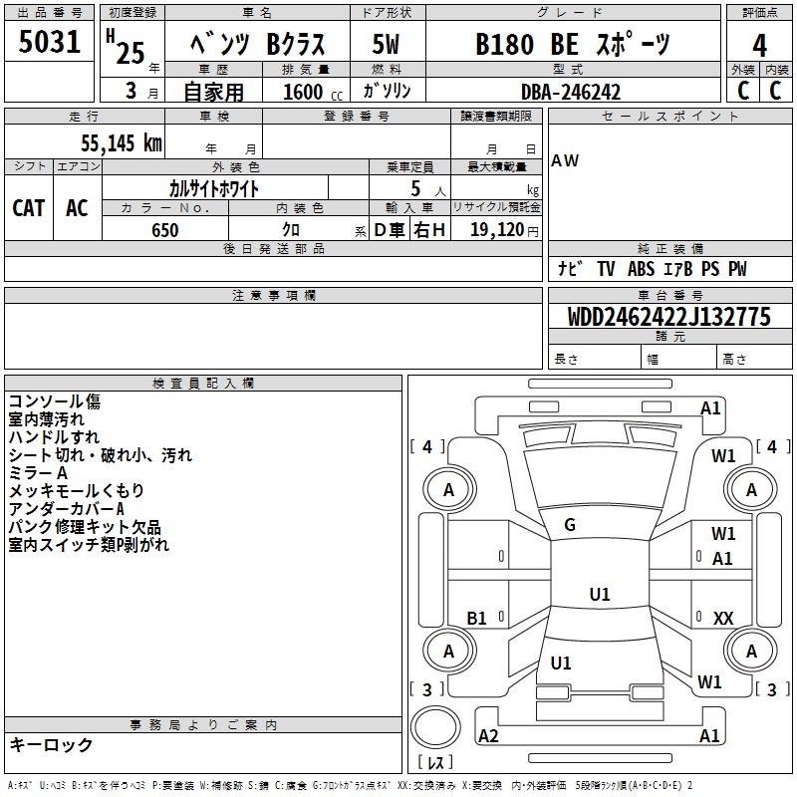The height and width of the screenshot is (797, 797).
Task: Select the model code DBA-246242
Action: pos(571,92)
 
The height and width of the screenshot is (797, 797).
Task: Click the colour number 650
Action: pos(165,230)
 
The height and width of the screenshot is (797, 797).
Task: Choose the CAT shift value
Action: pos(29,207)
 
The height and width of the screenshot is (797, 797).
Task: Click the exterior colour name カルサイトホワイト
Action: pos(214,188)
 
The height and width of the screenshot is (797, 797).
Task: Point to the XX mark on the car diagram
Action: pos(723,618)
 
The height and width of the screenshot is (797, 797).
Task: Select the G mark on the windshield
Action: pos(570,525)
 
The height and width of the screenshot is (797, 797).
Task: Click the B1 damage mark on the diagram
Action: pos(477,618)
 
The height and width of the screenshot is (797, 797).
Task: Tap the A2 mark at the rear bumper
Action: pos(488,735)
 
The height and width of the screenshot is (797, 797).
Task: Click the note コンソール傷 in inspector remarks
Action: pos(54,401)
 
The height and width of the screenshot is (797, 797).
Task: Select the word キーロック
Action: pos(51,744)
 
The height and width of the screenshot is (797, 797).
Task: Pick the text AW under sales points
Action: pos(565,160)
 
